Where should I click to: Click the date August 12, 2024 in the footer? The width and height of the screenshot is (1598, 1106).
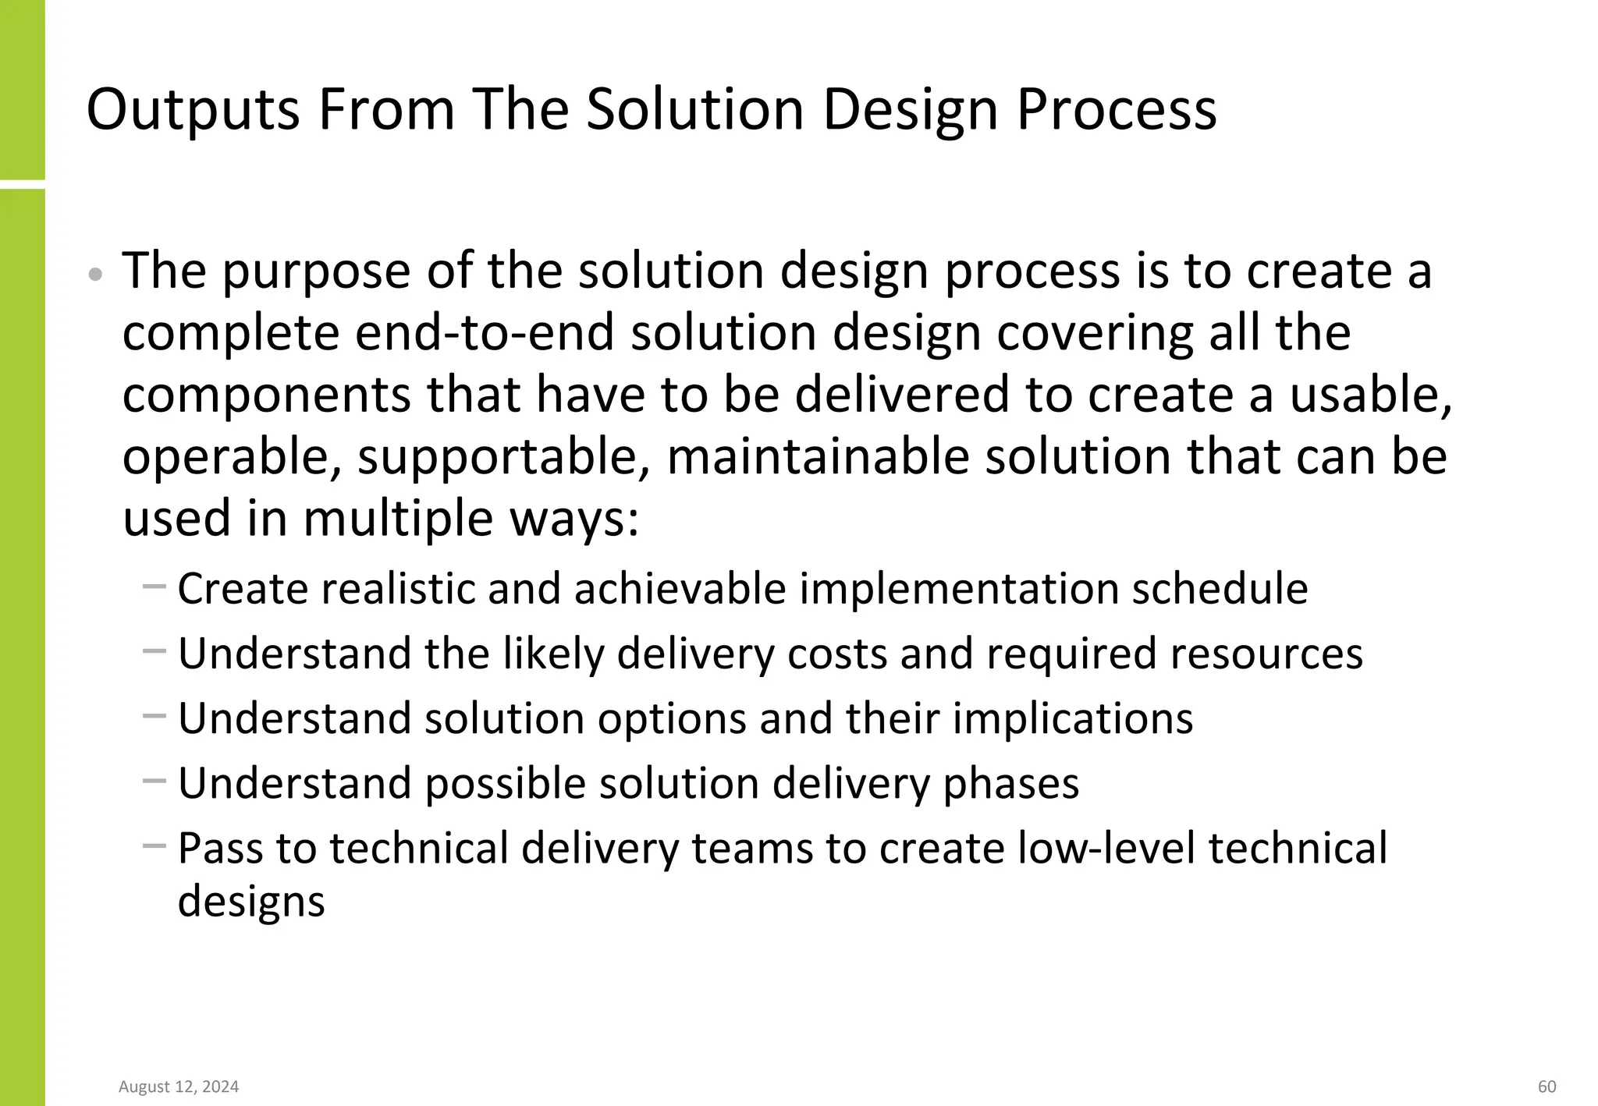(x=179, y=1087)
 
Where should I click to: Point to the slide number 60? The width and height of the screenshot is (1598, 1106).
(x=1547, y=1087)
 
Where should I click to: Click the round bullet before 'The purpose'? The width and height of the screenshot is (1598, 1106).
(x=95, y=275)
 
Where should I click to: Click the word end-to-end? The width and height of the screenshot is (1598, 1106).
(x=485, y=333)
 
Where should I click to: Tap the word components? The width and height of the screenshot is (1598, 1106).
(x=266, y=395)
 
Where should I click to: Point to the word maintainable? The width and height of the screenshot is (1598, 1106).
(x=818, y=456)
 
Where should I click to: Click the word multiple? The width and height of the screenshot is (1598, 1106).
(x=399, y=519)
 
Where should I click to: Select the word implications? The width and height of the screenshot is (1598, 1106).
(x=1073, y=719)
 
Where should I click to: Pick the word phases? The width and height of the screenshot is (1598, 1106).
(x=1011, y=784)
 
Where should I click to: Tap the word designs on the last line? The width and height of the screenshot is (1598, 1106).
(x=251, y=902)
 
